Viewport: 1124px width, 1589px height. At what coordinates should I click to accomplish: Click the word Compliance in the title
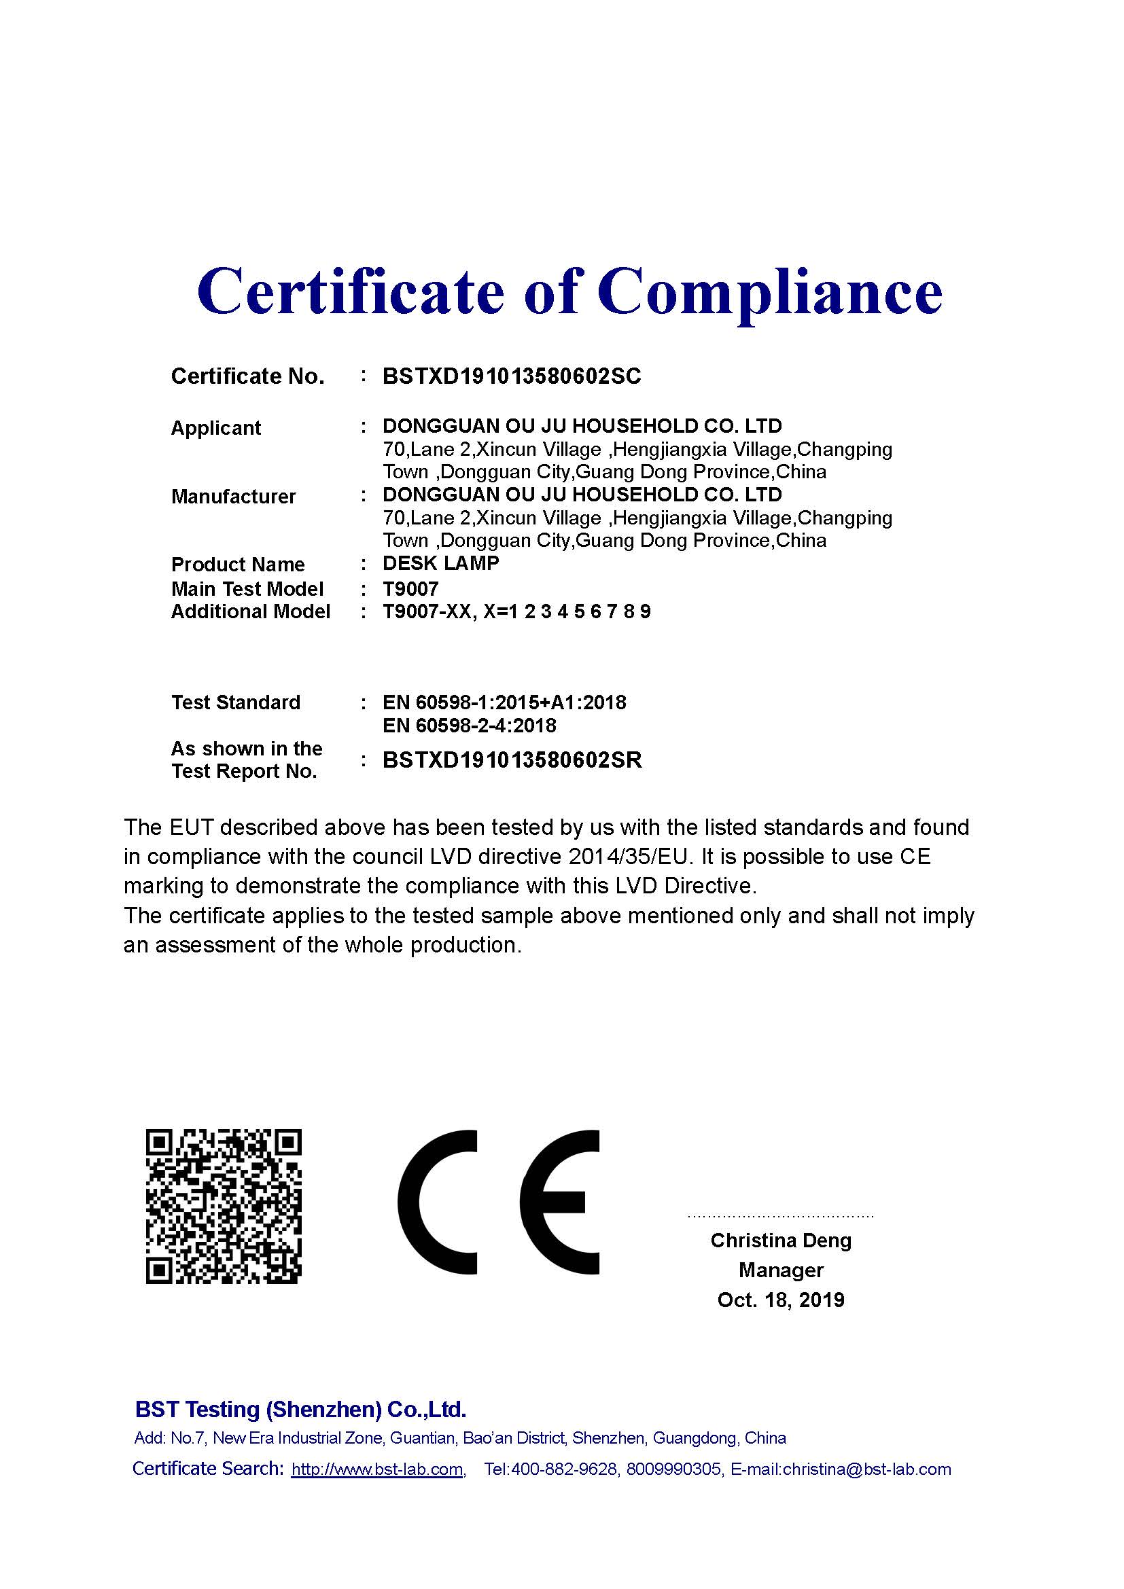coord(771,291)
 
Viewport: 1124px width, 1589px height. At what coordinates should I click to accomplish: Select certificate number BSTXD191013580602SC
coord(512,376)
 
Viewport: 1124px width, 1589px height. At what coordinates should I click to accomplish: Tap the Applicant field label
coord(216,429)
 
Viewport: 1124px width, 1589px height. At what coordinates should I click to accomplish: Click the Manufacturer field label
coord(233,496)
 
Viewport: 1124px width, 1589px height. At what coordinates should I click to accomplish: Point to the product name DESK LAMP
coord(440,563)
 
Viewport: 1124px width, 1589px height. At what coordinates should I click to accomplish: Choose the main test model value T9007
coord(410,589)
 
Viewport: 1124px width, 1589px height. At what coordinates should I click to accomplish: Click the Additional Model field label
coord(251,612)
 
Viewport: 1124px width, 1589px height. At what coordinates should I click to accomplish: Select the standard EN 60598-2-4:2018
coord(470,726)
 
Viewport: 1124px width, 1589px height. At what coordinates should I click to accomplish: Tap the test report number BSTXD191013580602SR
coord(512,760)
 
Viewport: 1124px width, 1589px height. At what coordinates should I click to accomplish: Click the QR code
coord(224,1207)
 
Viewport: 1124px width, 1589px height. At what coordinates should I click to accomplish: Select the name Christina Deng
coord(781,1240)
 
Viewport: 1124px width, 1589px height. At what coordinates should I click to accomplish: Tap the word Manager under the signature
coord(781,1270)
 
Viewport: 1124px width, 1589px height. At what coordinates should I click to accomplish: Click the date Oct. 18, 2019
coord(781,1300)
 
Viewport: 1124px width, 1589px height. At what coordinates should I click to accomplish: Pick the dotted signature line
coord(781,1215)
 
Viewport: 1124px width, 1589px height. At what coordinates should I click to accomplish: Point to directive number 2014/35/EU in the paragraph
coord(631,857)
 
